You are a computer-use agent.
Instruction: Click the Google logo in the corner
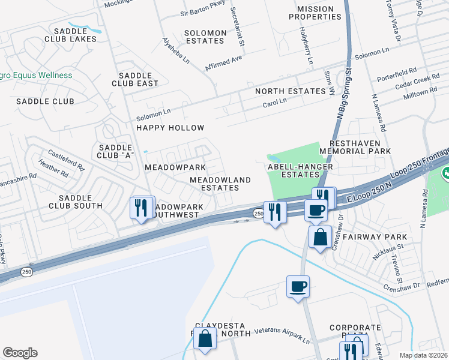20,353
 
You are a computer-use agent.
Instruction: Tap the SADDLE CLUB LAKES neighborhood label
66,35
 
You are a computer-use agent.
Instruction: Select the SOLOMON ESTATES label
205,37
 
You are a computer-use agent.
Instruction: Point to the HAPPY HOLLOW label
170,128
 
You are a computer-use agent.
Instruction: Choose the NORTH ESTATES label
290,91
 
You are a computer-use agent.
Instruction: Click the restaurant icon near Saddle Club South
142,208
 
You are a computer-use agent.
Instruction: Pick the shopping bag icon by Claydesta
205,338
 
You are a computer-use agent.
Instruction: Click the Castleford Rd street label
67,161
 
